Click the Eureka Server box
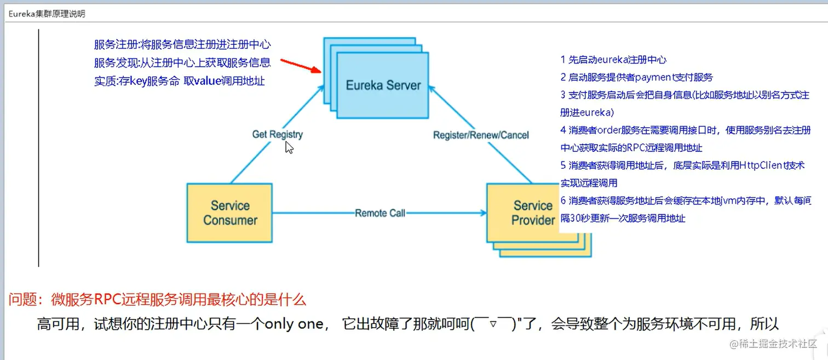(383, 85)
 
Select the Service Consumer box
(230, 213)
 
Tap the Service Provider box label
(532, 213)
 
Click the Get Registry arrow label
(277, 134)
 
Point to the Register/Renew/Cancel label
(481, 135)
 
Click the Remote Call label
(380, 213)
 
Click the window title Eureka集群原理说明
(47, 14)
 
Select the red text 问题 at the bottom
(22, 300)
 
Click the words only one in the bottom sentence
(294, 324)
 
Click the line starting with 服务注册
(182, 45)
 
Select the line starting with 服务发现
(182, 63)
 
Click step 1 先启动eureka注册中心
(613, 60)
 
